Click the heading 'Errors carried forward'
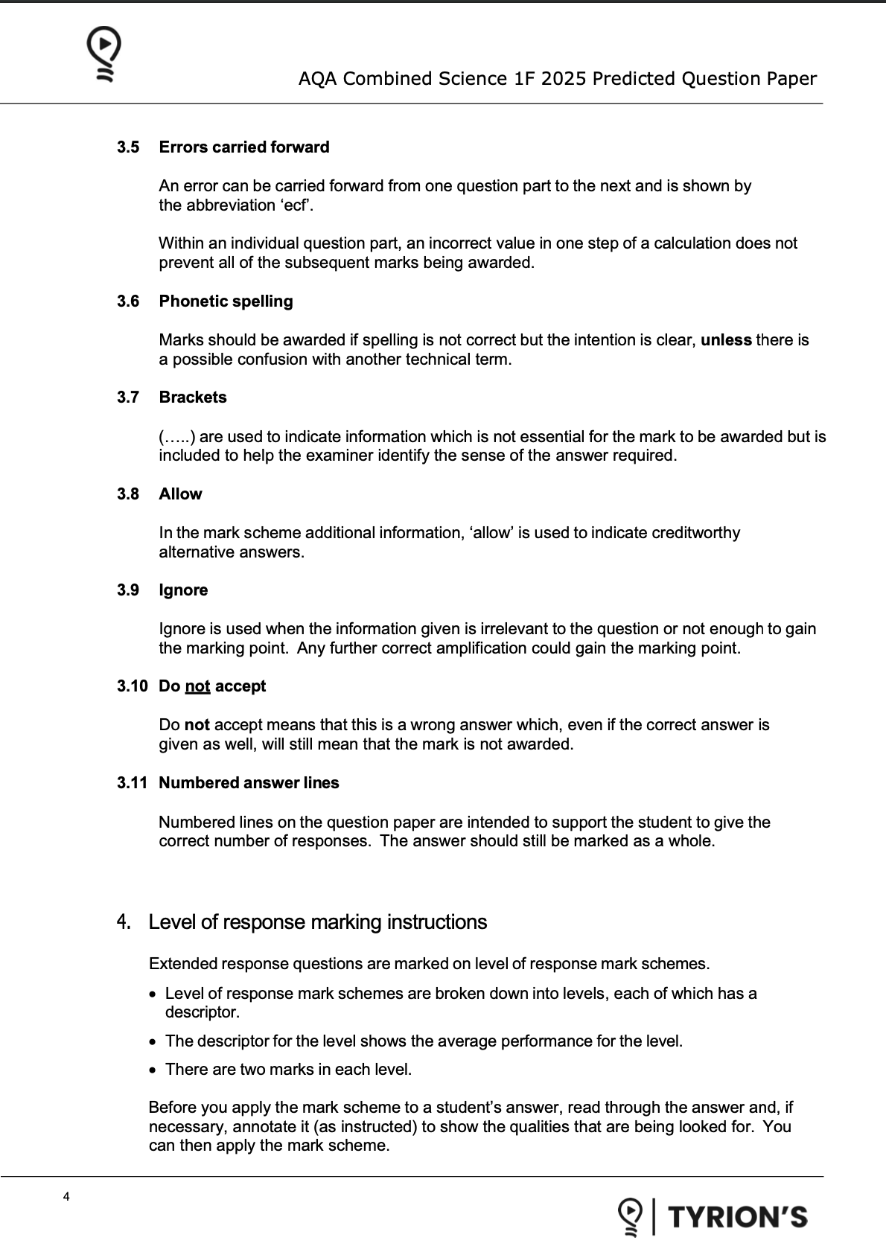pos(244,147)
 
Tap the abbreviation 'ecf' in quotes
pos(296,205)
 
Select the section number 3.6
pos(128,301)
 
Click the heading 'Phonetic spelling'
pos(226,301)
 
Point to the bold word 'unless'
pos(726,340)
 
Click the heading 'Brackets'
pos(193,397)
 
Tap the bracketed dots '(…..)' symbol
pos(176,437)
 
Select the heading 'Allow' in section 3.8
pos(180,494)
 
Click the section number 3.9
pos(128,590)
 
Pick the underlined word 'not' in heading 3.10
pos(197,686)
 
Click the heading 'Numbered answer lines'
pos(249,783)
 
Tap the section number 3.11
pos(132,783)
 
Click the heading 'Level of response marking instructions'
pos(317,922)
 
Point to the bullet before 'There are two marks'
pos(153,1070)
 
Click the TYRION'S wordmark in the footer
pos(737,1217)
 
